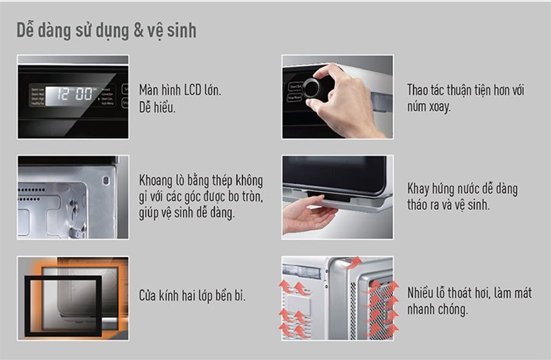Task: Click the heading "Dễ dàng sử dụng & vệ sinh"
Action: [x=106, y=30]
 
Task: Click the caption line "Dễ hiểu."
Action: [x=158, y=107]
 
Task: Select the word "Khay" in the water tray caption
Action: [x=419, y=189]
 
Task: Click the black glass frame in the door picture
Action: [x=64, y=302]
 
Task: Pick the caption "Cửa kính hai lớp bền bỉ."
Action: [x=193, y=296]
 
